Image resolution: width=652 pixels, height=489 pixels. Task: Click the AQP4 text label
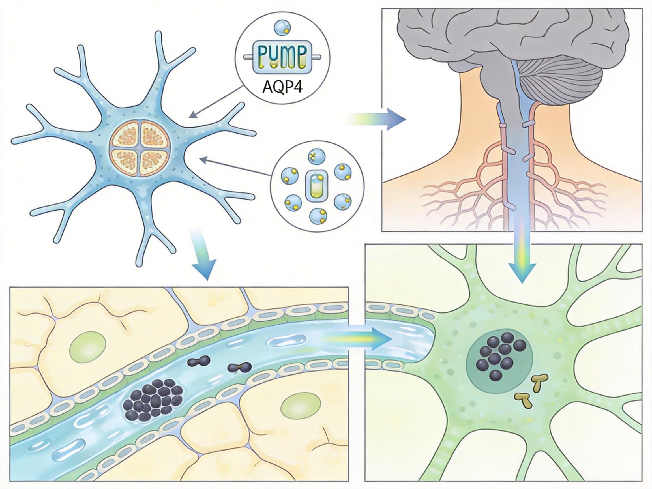(x=282, y=87)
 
